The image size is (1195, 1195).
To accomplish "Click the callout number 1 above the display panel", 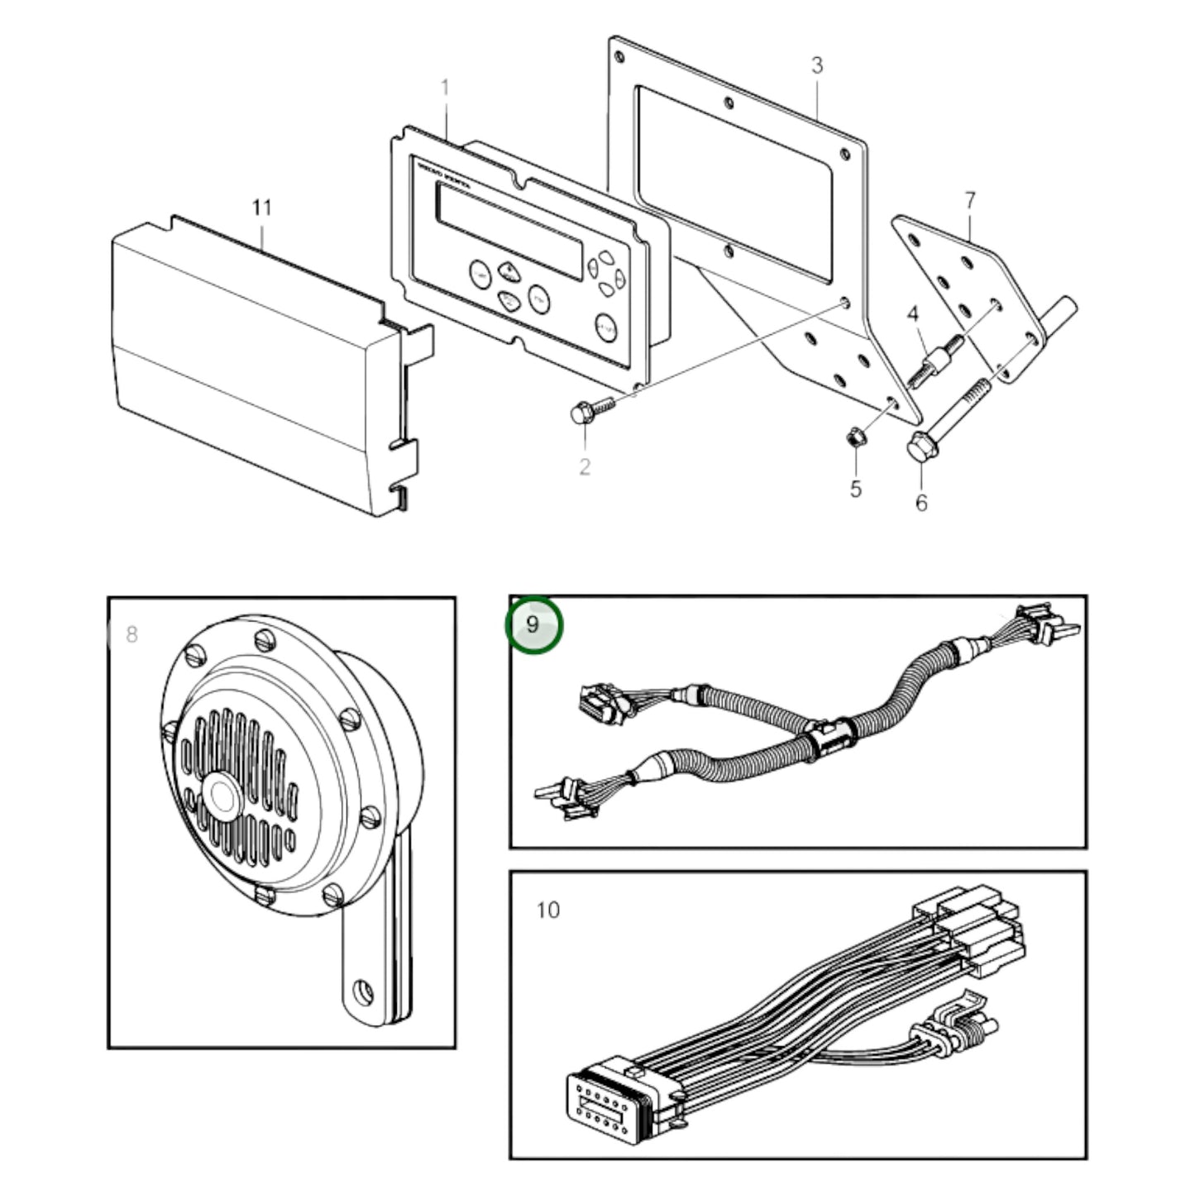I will pyautogui.click(x=445, y=88).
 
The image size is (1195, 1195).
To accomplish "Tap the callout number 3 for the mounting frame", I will pyautogui.click(x=816, y=65).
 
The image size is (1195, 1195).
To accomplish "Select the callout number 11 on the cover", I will pyautogui.click(x=261, y=207).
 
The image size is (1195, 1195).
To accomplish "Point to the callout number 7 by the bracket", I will pyautogui.click(x=970, y=200).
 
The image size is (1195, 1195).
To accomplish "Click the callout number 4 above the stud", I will pyautogui.click(x=913, y=314).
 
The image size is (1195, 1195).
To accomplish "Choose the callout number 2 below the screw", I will pyautogui.click(x=585, y=467).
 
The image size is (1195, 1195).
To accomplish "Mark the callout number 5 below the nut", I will pyautogui.click(x=855, y=489).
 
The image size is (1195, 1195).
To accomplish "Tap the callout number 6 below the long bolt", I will pyautogui.click(x=921, y=502).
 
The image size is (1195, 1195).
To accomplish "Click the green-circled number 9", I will pyautogui.click(x=533, y=624).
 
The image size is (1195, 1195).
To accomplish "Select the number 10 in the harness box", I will pyautogui.click(x=547, y=910).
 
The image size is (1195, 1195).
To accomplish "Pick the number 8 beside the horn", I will pyautogui.click(x=131, y=635).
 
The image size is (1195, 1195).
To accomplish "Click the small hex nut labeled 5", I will pyautogui.click(x=855, y=435).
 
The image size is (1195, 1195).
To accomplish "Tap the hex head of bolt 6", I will pyautogui.click(x=918, y=449).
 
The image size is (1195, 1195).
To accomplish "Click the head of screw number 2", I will pyautogui.click(x=580, y=413).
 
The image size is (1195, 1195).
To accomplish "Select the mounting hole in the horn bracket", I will pyautogui.click(x=362, y=988).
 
